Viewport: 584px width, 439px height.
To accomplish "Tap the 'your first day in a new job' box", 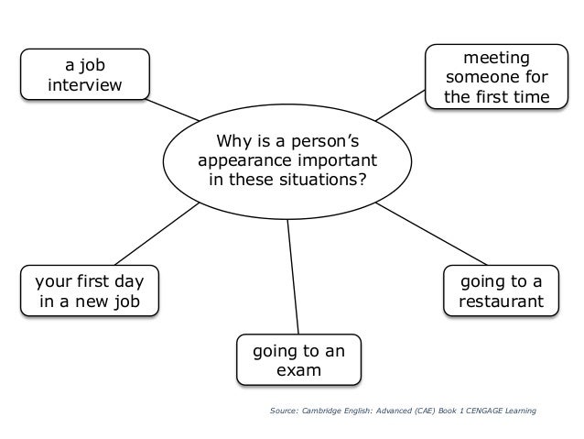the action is [x=88, y=290].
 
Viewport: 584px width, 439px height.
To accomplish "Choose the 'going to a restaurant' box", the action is [x=501, y=291].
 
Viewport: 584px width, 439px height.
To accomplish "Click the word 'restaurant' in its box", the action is [x=501, y=301].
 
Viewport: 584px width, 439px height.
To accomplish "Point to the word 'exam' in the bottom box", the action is [x=297, y=371].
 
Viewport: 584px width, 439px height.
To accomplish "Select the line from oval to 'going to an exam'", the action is [x=293, y=276].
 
